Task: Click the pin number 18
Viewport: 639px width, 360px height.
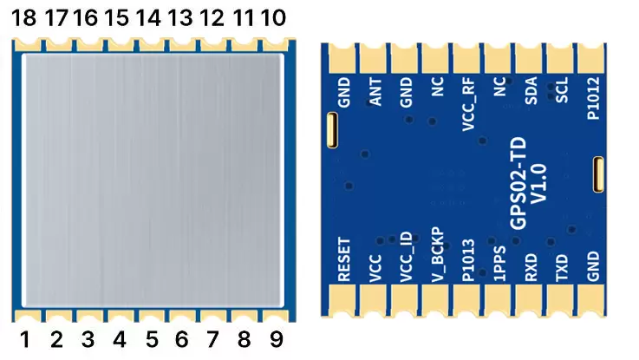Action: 24,18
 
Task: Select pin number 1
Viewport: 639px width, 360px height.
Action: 25,340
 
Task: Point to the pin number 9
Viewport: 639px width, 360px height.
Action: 274,340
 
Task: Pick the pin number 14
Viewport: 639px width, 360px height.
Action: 149,18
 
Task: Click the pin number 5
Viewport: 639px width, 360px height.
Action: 150,340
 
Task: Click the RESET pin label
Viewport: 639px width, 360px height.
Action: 344,259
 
